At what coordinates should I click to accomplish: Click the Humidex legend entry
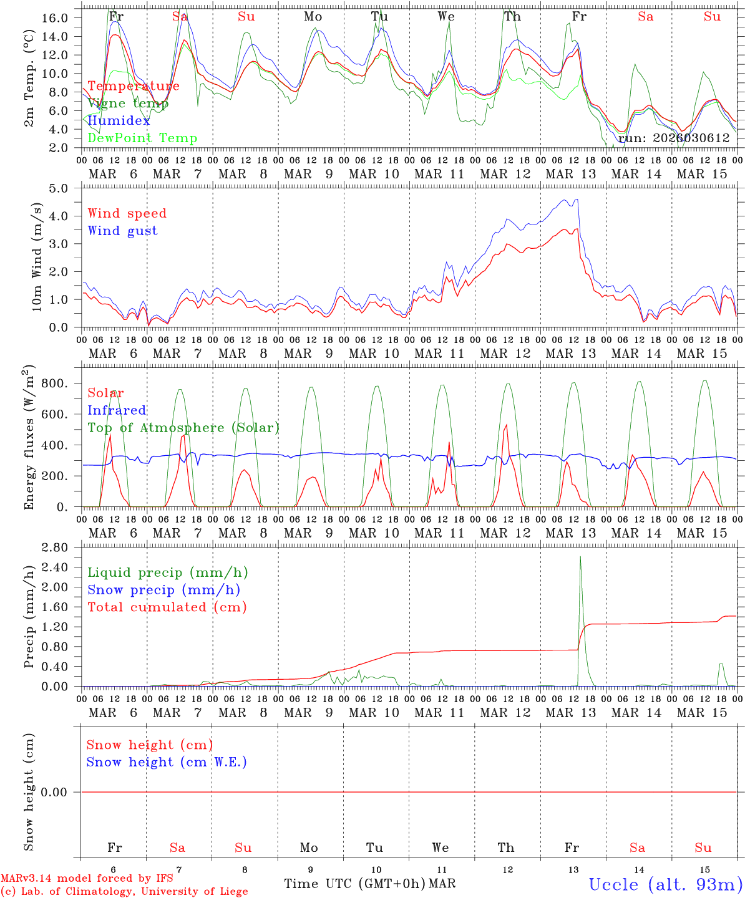[119, 121]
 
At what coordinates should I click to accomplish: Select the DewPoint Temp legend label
[142, 138]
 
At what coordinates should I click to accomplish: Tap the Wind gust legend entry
[122, 231]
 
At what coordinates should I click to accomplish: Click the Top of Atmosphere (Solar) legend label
[183, 428]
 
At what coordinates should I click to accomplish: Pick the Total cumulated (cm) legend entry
[167, 607]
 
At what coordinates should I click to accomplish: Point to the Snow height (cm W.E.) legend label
[166, 762]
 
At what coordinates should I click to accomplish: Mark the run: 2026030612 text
[673, 138]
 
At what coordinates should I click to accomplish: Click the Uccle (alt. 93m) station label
[666, 884]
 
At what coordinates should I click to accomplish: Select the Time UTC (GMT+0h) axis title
[354, 884]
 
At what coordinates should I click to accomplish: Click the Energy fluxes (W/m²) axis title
[29, 438]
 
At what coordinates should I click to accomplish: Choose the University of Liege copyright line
[124, 892]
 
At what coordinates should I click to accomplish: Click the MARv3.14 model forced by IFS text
[87, 879]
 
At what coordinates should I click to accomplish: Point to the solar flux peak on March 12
[506, 425]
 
